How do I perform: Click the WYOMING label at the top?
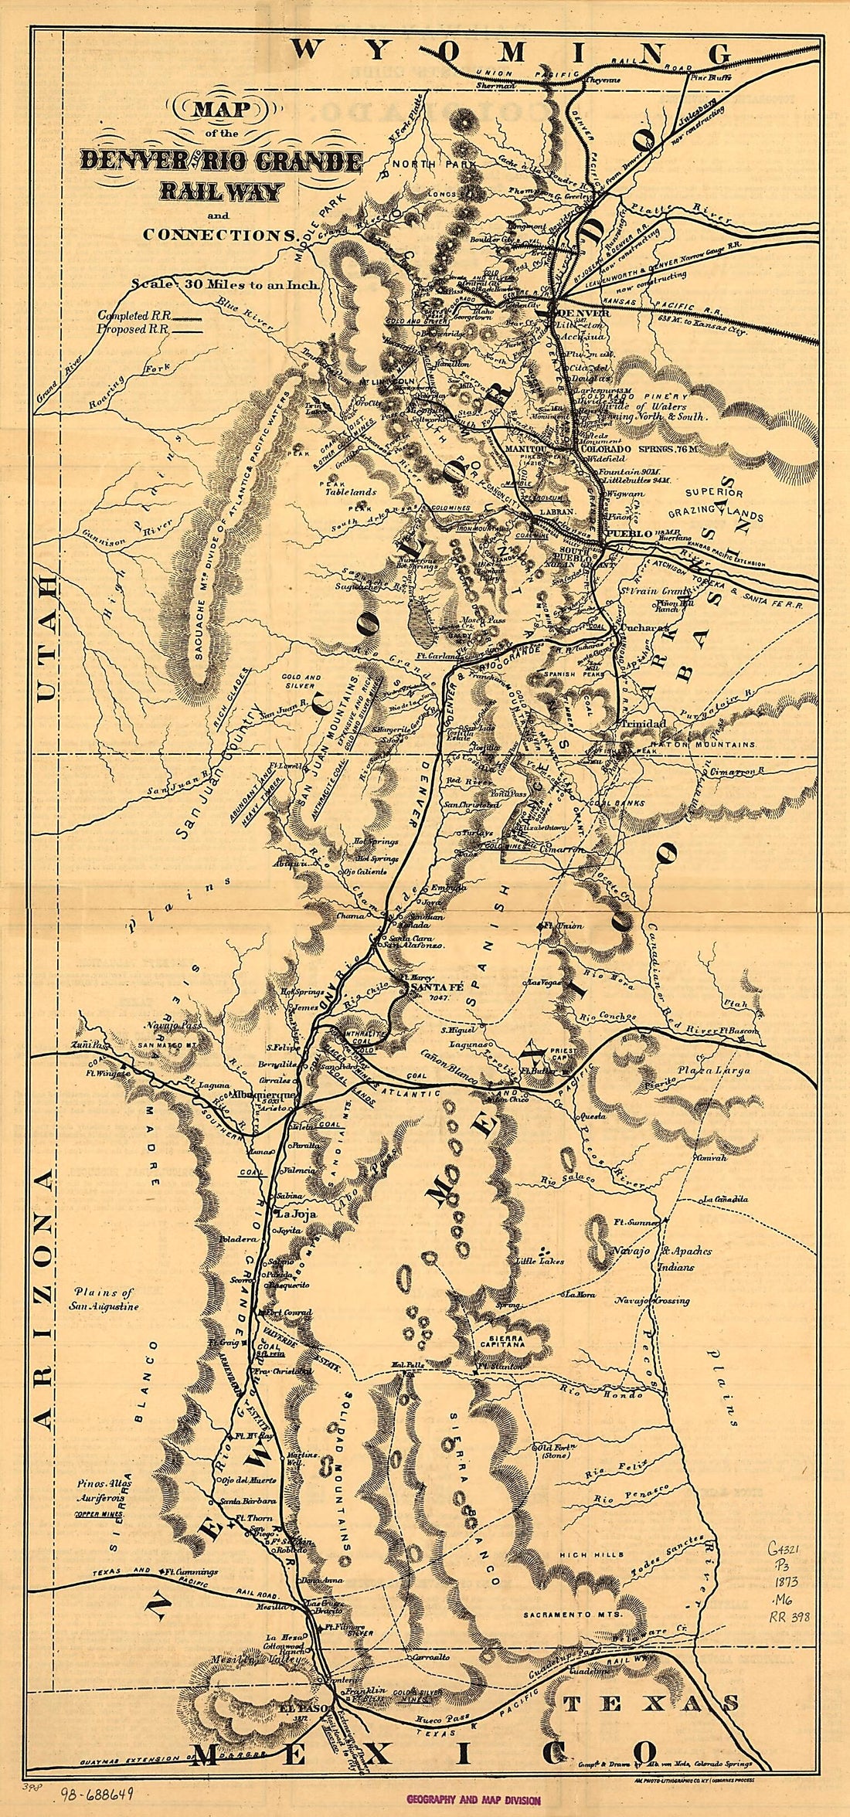click(510, 53)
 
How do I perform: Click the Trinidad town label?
click(641, 723)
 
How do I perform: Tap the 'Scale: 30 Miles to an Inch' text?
click(224, 284)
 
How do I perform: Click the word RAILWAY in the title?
click(219, 191)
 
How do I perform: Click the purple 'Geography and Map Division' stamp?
click(474, 1799)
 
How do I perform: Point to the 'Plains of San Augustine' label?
click(107, 1299)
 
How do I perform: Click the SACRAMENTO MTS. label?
click(568, 1614)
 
